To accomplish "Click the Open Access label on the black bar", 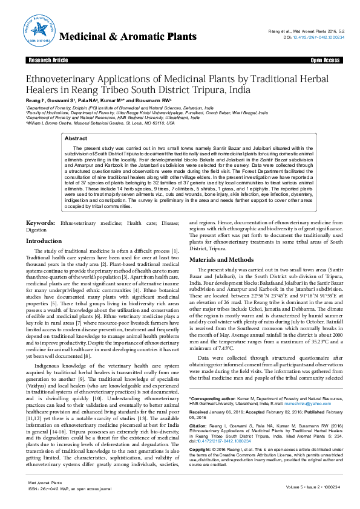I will click(x=324, y=60).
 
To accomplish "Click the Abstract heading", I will click(x=76, y=138).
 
